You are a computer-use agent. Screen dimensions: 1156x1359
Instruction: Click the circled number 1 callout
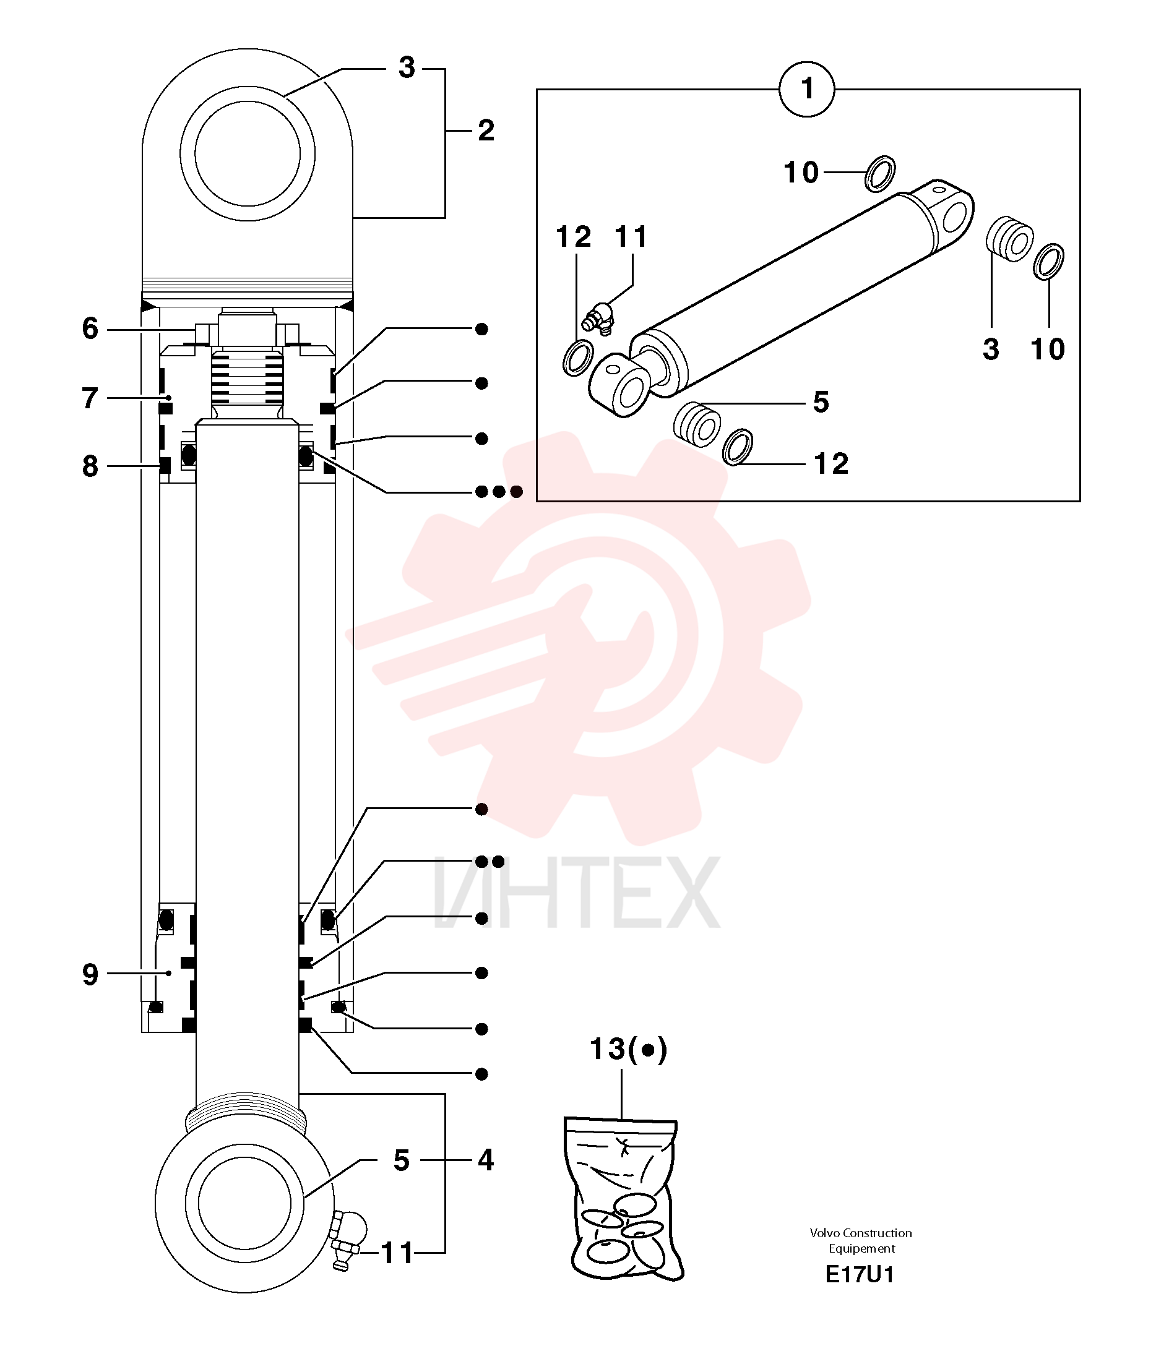click(807, 89)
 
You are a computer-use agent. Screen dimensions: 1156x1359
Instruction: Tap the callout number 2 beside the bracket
click(486, 131)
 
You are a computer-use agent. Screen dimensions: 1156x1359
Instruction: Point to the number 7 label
click(90, 398)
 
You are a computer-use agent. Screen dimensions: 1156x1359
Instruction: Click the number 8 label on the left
click(90, 466)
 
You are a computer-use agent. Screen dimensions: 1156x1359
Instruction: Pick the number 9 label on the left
click(90, 974)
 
